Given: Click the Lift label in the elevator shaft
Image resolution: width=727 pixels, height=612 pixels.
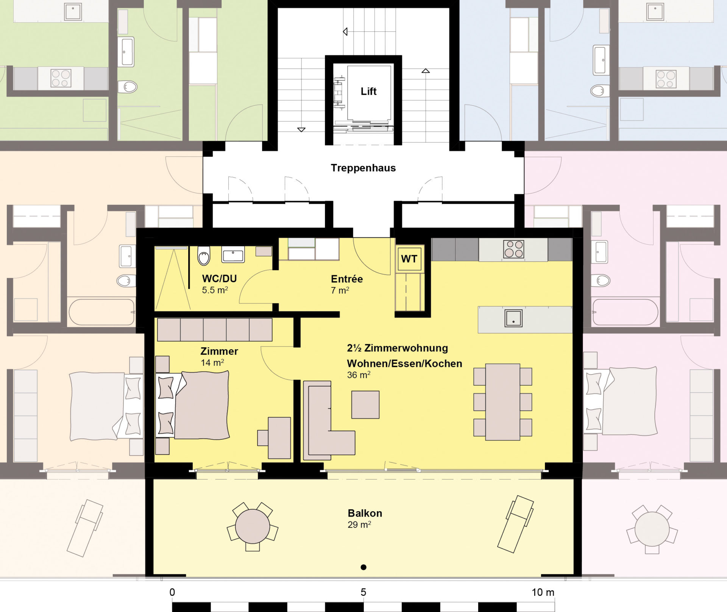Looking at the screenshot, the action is [x=368, y=91].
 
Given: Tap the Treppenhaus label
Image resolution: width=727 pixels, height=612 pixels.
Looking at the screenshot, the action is [x=363, y=168].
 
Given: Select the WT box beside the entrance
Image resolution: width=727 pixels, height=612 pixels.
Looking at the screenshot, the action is [x=409, y=259].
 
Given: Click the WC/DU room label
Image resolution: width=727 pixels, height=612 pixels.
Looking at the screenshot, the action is [x=219, y=279].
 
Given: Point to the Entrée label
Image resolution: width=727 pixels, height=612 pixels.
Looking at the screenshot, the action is [x=347, y=279].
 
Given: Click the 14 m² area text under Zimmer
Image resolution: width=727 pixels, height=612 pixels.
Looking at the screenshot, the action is [x=212, y=362].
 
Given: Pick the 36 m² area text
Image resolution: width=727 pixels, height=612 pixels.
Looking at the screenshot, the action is [x=359, y=375].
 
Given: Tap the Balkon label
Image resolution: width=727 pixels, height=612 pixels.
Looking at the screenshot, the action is [x=365, y=513].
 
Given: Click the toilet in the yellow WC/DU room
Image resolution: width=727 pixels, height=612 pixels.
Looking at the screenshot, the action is [x=204, y=256].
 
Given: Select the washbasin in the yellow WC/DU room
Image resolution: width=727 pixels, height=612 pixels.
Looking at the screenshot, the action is [x=233, y=254].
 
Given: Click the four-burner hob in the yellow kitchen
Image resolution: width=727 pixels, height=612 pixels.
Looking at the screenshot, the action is [x=513, y=249].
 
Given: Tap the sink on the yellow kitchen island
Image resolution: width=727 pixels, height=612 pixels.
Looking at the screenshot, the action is [x=513, y=318].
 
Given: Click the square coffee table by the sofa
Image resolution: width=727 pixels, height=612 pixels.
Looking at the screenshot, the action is [x=365, y=405].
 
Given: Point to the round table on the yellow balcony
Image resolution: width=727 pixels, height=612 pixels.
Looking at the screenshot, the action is [x=253, y=526].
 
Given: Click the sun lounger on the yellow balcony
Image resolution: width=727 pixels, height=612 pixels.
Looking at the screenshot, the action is [x=515, y=524].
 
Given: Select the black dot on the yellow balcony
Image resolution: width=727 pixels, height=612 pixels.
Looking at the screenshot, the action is [x=363, y=567].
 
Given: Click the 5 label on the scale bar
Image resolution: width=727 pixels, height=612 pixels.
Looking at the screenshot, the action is [x=363, y=592].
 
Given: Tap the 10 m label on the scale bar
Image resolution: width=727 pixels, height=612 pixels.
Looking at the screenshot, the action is [x=543, y=592].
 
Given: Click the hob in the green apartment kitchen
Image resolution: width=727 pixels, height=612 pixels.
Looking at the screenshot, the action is [x=61, y=78].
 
